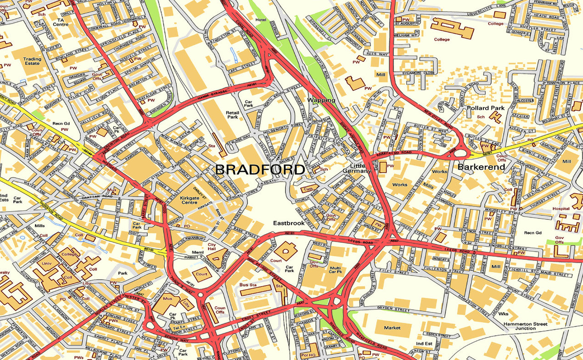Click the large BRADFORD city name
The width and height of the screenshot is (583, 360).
click(x=260, y=169)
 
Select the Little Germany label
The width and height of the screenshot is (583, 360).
click(x=357, y=168)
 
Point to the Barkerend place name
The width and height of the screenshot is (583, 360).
click(x=481, y=167)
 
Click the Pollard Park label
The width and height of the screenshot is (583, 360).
click(x=485, y=108)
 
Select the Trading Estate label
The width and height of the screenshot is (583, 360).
click(x=33, y=62)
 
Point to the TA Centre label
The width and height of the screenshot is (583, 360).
click(x=61, y=22)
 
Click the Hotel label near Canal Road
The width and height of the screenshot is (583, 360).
click(x=261, y=20)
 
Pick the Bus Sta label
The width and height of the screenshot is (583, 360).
click(x=248, y=285)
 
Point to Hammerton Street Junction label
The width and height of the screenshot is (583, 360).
click(x=525, y=326)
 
